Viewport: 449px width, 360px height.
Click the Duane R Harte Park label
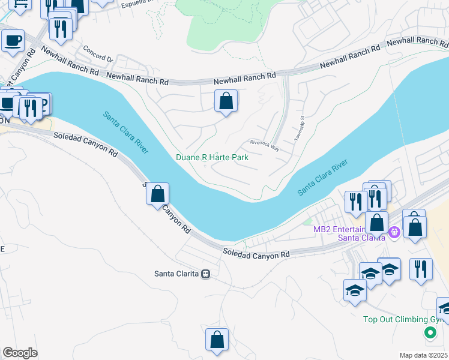[x=212, y=157]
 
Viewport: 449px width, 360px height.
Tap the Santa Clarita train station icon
[x=206, y=274]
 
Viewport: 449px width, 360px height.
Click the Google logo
[x=20, y=353]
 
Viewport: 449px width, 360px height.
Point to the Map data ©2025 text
[x=423, y=355]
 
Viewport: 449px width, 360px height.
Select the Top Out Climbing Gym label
[x=405, y=319]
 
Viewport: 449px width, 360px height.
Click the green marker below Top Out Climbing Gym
[x=430, y=333]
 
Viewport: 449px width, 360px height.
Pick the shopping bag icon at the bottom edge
[x=217, y=340]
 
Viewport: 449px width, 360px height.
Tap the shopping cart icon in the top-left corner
[x=21, y=5]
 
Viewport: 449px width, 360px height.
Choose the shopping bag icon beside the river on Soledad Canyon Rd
[x=157, y=194]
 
